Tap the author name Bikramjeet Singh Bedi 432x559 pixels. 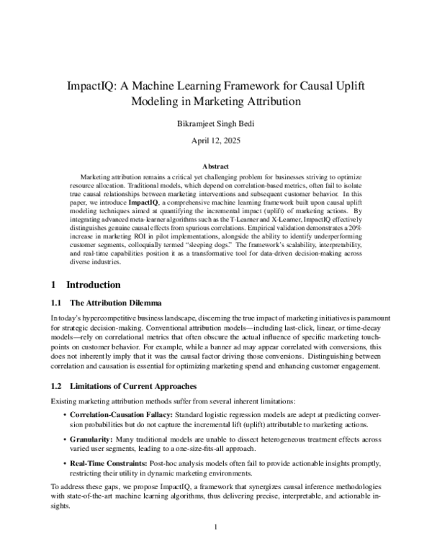(x=216, y=123)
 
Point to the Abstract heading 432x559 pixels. (x=216, y=166)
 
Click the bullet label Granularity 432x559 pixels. (x=91, y=437)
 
